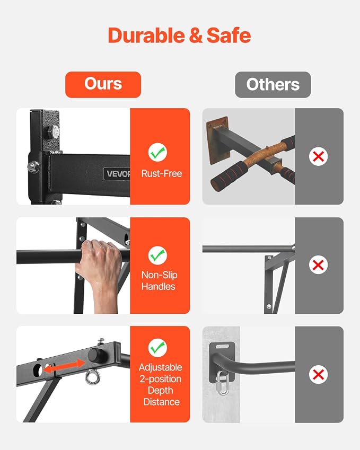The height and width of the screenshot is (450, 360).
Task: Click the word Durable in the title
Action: click(146, 36)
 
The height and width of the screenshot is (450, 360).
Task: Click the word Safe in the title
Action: click(229, 36)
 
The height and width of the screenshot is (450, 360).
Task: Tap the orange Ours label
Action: click(103, 85)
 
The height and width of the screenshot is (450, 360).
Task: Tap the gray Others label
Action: click(273, 85)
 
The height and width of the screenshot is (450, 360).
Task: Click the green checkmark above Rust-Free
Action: click(157, 153)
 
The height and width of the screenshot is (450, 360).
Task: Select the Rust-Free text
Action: click(162, 174)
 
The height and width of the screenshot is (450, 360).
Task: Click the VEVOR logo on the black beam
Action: click(117, 174)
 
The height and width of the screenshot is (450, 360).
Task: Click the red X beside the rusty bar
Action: click(318, 156)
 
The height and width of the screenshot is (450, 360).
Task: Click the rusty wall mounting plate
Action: click(217, 140)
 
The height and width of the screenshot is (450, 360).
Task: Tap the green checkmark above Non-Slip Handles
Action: click(157, 255)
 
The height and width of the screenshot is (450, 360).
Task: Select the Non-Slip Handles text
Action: click(159, 281)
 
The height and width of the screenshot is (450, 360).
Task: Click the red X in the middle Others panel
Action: click(318, 264)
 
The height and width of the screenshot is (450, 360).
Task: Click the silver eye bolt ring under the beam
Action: click(92, 378)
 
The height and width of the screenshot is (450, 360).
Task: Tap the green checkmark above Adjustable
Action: click(157, 348)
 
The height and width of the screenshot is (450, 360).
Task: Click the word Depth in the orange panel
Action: click(161, 390)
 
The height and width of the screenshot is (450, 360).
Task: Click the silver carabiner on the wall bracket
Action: click(222, 383)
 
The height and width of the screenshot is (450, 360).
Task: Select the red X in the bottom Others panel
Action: click(318, 375)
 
